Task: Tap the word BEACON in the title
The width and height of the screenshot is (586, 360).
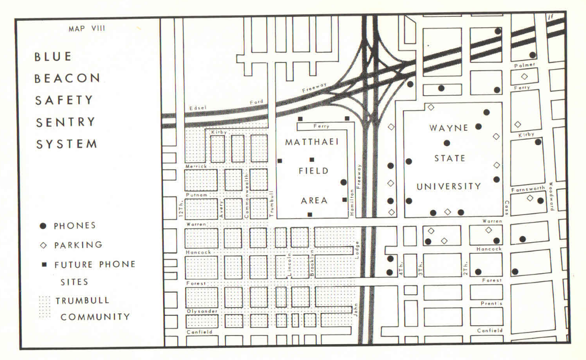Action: point(67,78)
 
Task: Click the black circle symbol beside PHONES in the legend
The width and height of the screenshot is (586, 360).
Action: point(43,225)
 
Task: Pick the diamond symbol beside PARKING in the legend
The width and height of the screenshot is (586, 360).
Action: point(43,245)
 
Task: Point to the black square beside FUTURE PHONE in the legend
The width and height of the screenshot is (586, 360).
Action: point(43,264)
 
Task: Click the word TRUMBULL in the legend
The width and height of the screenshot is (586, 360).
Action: point(82,300)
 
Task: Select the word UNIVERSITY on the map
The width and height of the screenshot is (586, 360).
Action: point(449,186)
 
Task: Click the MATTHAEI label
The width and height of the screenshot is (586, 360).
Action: point(312,143)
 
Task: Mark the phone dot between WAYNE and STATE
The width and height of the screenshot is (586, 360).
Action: point(447,143)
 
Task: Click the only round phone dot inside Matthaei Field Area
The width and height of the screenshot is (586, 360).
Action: point(343,182)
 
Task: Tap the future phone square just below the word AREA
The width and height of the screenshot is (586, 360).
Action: point(310,214)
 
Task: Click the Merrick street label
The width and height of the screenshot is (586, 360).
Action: point(196,166)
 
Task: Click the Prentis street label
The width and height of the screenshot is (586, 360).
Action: point(491,304)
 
